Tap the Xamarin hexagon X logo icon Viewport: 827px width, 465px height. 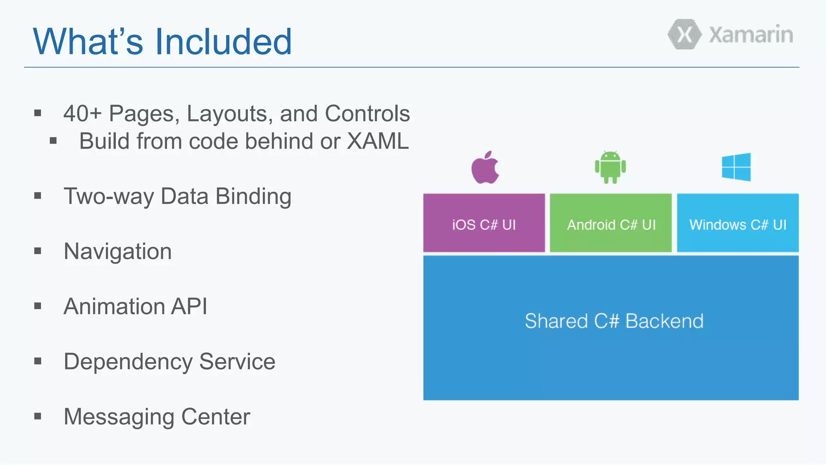coord(684,35)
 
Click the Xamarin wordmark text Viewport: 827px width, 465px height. coord(751,35)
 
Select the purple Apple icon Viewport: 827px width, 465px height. coord(485,168)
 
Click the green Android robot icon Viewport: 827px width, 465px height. coord(610,167)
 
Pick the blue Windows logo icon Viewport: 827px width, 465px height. coord(736,167)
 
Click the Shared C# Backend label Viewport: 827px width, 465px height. coord(614,321)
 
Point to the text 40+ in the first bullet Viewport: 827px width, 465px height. coord(82,113)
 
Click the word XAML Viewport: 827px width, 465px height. coord(378,141)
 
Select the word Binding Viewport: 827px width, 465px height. coord(253,197)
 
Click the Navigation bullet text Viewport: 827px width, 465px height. coord(118,251)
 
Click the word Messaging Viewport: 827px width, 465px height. coord(119,417)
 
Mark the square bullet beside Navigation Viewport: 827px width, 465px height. coord(38,251)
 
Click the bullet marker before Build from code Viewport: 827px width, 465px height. coord(53,141)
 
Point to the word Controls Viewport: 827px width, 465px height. coord(367,113)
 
